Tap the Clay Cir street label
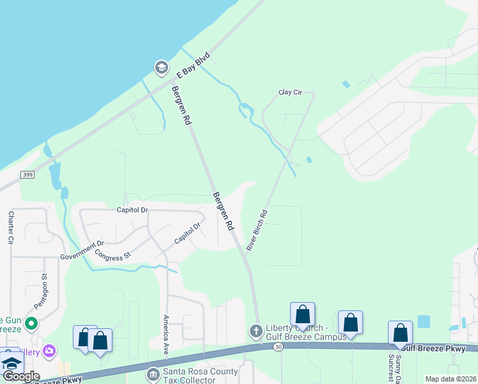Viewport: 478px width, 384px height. click(x=289, y=92)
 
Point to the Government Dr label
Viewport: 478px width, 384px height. click(x=82, y=250)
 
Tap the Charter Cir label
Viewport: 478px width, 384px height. click(x=11, y=228)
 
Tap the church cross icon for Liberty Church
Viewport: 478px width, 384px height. click(x=254, y=331)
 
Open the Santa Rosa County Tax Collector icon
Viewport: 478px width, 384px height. click(x=153, y=373)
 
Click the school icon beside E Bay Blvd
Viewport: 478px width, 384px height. click(x=161, y=67)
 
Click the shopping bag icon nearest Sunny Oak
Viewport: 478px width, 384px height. click(x=400, y=332)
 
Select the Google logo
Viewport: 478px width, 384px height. click(x=21, y=376)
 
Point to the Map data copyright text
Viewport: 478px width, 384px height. click(x=451, y=379)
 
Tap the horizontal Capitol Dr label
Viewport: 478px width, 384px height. click(x=132, y=209)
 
